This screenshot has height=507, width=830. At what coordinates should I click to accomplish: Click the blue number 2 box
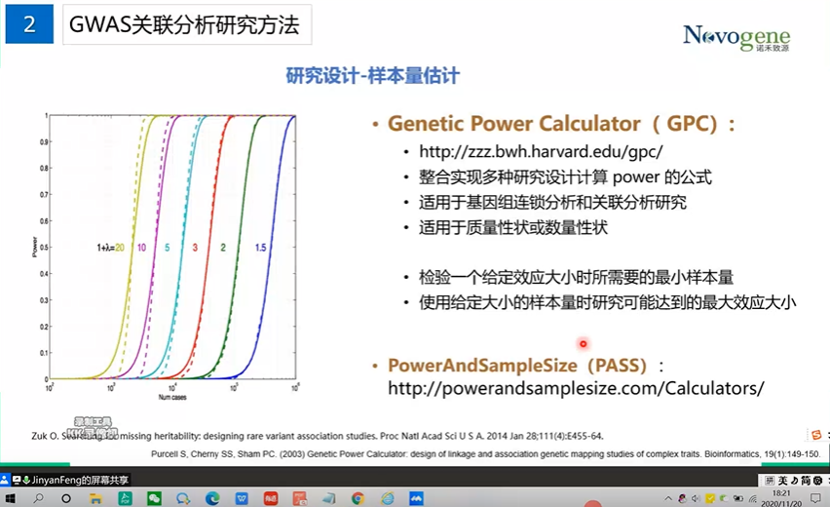29,25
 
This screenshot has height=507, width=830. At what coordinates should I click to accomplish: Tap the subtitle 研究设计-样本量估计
372,75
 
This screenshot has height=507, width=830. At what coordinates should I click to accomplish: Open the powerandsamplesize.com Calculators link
576,388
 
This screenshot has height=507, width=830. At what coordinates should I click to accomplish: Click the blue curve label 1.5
261,249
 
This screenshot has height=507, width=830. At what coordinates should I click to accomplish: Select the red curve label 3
194,249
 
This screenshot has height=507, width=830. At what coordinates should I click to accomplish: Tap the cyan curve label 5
168,249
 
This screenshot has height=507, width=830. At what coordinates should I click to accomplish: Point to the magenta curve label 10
141,249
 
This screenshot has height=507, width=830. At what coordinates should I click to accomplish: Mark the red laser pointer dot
584,343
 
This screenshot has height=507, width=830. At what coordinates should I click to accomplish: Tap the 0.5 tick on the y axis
43,248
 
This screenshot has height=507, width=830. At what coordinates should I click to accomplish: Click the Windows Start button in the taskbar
11,497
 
